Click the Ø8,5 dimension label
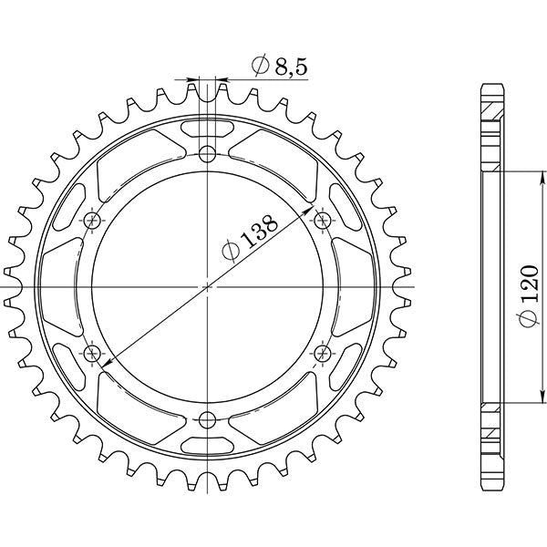pos(279,66)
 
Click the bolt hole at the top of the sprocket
pos(208,152)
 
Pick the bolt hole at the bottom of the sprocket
pos(208,419)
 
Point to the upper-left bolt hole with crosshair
pos(92,220)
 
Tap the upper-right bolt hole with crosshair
pos(324,220)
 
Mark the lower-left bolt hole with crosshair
pos(92,353)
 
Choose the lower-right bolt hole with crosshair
pos(324,353)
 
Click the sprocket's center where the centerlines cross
pos(208,286)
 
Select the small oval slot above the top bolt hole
pos(208,126)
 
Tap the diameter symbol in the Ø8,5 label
pos(259,66)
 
